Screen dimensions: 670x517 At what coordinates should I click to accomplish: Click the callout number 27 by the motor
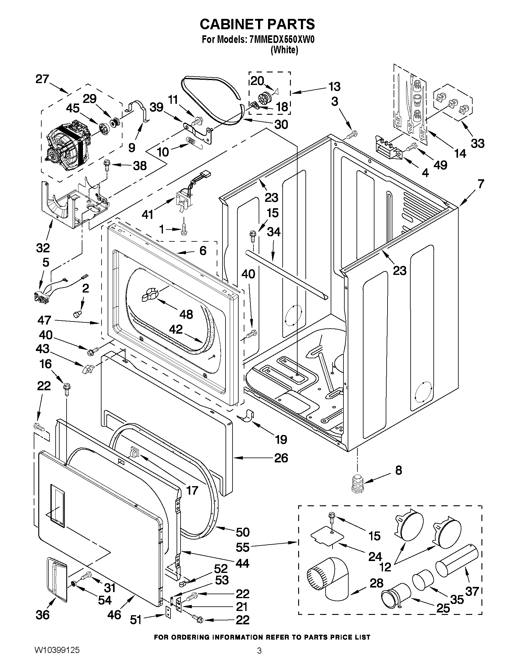[x=42, y=79]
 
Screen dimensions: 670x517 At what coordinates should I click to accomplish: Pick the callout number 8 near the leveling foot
[x=398, y=470]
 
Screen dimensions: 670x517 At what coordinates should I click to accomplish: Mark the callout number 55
[x=242, y=547]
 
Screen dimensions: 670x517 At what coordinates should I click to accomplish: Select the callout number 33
[x=477, y=143]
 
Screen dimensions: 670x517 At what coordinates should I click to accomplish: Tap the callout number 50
[x=243, y=532]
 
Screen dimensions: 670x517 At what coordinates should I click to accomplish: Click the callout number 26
[x=281, y=458]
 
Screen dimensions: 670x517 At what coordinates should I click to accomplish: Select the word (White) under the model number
[x=284, y=50]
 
